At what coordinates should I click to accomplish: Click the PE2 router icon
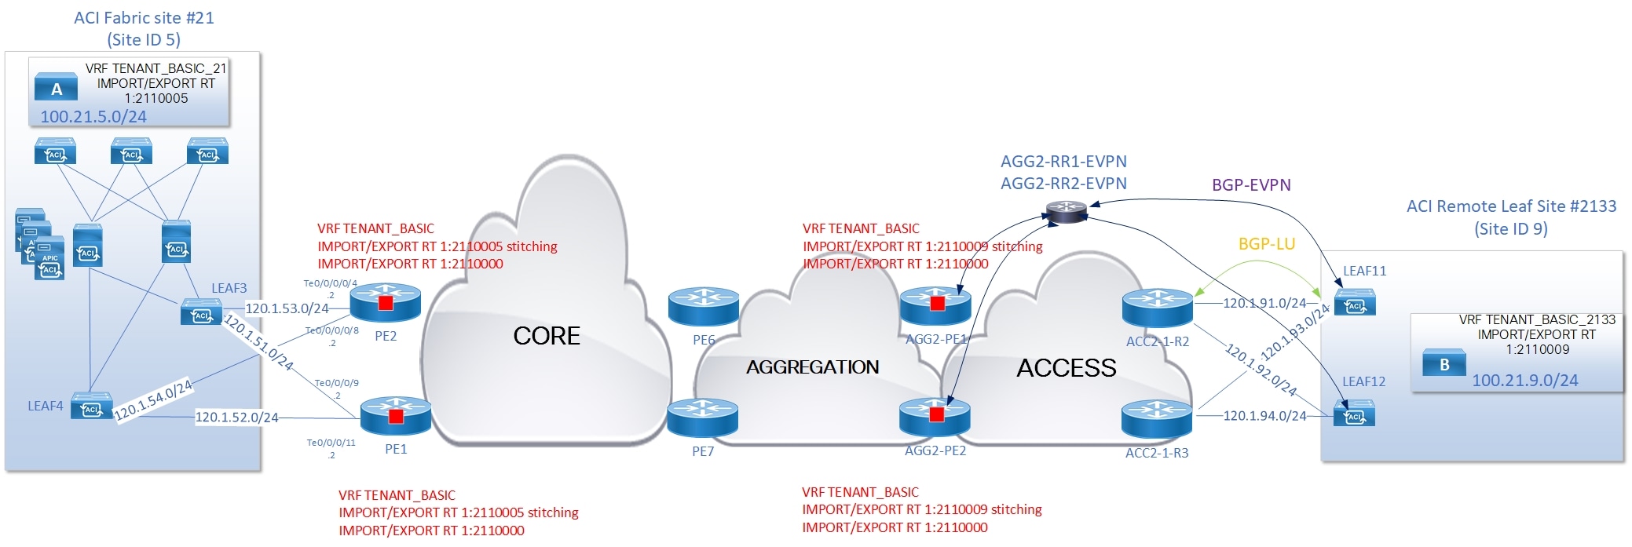pos(385,303)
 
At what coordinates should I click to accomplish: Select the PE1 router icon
pos(396,416)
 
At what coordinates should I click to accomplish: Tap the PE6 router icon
pos(703,307)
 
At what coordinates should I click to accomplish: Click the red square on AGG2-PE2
pos(936,414)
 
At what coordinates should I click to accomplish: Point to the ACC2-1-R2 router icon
pos(1157,307)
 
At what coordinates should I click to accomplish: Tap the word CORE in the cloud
pos(546,336)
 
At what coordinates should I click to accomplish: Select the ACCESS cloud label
pos(1066,368)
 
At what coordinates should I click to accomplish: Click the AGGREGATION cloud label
pos(812,366)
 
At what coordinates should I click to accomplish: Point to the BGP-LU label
pos(1266,244)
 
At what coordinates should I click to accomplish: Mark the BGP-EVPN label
pos(1251,185)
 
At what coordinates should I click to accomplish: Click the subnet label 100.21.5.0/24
pos(93,117)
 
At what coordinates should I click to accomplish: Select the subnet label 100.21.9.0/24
pos(1524,381)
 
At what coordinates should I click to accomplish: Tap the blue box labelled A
pos(57,88)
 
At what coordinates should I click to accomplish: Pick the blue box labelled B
pos(1444,363)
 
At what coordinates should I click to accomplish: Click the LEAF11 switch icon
pos(1355,304)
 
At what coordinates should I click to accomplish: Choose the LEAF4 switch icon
pos(91,407)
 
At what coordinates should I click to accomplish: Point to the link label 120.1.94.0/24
pos(1264,416)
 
